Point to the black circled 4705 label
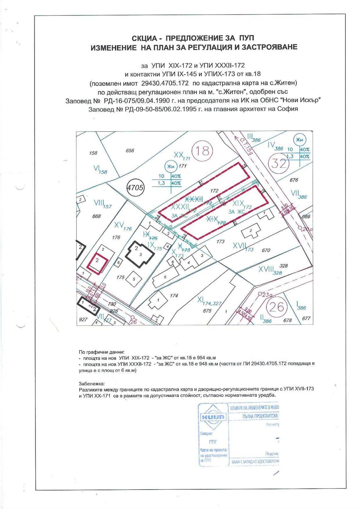click(x=135, y=187)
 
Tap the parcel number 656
click(x=130, y=150)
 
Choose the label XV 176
click(x=123, y=226)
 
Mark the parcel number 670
click(x=266, y=250)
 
